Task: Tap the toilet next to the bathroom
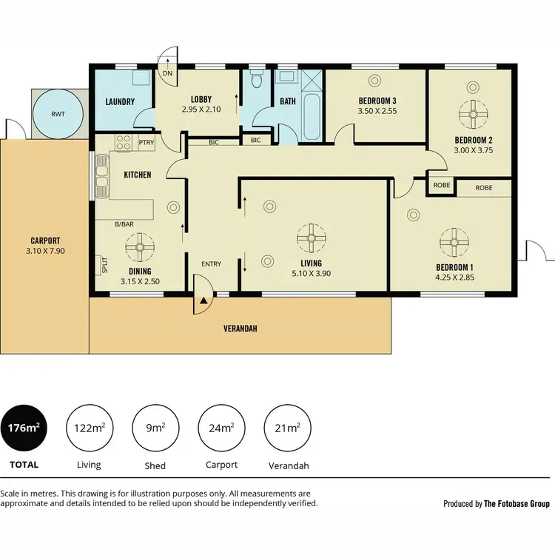tap(256, 80)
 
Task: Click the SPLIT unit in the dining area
tap(104, 264)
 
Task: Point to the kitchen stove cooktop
tap(123, 142)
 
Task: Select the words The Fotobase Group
tap(517, 504)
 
